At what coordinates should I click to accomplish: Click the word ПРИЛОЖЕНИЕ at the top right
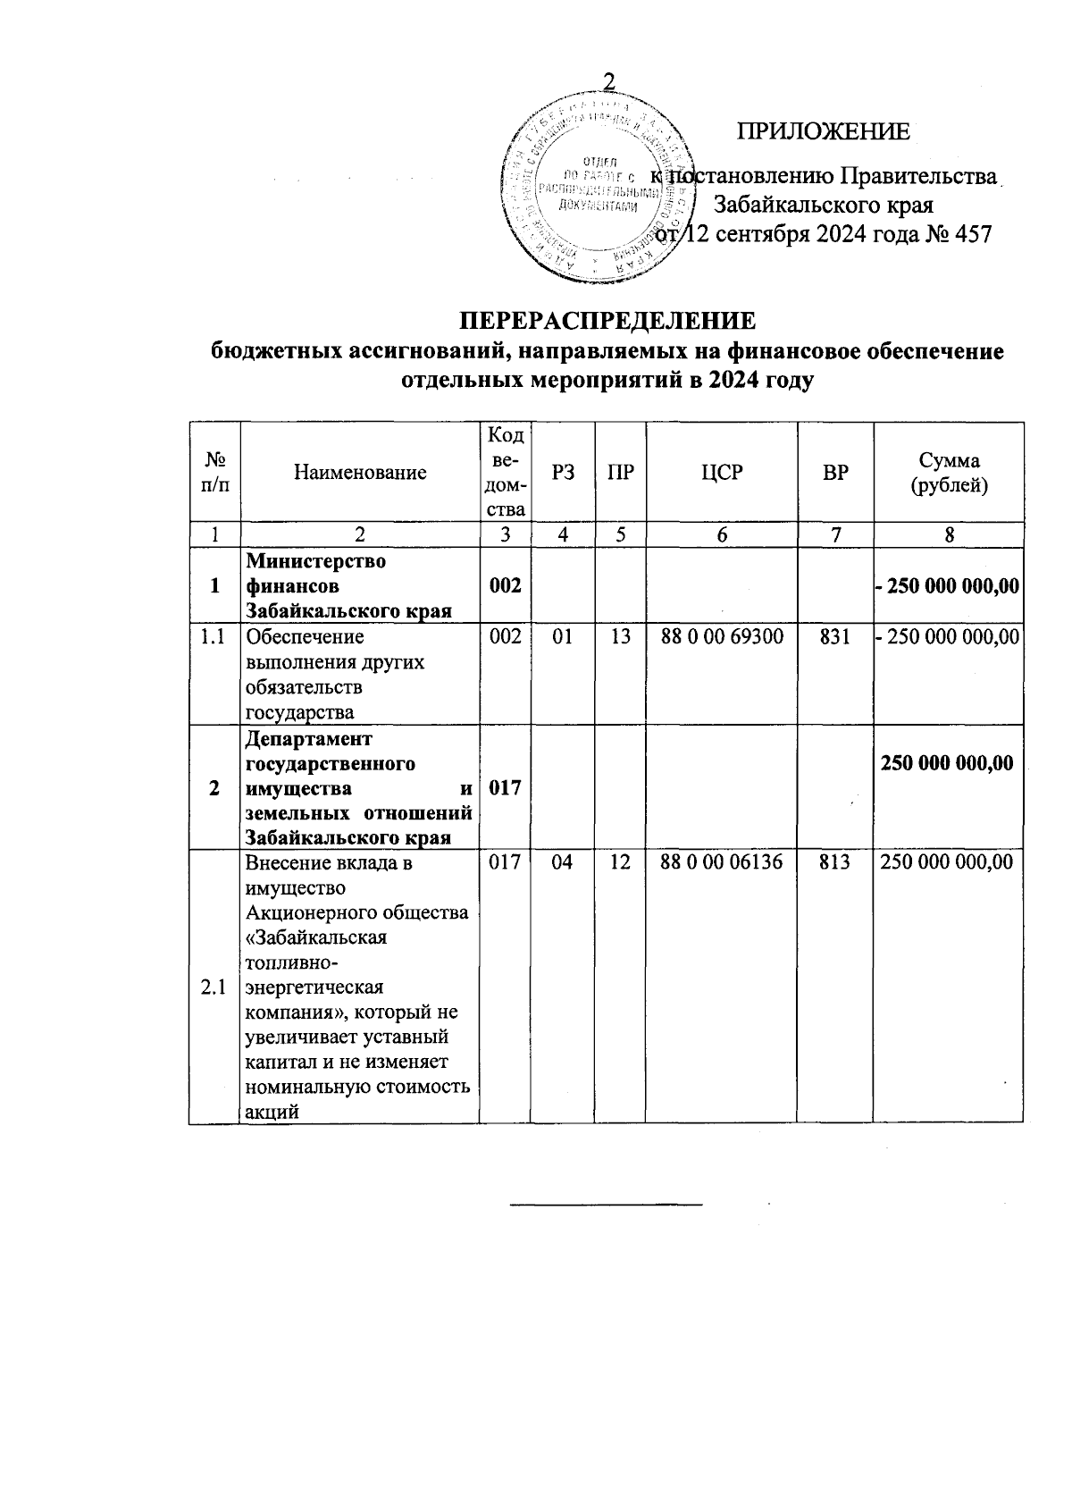823,132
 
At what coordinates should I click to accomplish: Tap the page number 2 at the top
610,80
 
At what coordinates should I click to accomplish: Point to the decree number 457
973,235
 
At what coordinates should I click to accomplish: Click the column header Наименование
360,473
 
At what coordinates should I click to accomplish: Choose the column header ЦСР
721,473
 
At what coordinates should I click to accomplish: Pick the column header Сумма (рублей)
949,473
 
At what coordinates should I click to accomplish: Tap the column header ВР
835,473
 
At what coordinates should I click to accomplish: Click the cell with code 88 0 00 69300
722,637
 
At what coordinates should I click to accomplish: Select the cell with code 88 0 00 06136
722,862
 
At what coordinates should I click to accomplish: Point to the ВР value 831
835,637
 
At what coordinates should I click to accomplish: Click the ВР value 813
835,862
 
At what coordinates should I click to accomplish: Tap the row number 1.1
214,637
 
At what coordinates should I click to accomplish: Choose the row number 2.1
214,987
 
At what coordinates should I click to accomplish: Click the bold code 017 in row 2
506,788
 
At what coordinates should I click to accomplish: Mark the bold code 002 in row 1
506,586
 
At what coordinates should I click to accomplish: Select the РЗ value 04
563,862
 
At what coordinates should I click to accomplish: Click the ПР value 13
621,637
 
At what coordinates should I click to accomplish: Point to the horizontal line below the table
607,1206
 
